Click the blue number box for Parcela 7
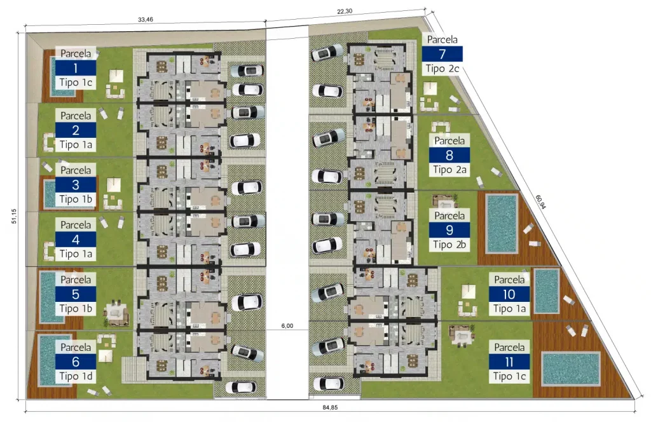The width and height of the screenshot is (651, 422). click(442, 54)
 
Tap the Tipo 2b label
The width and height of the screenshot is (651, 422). click(449, 245)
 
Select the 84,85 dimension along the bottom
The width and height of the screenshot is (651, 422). click(330, 407)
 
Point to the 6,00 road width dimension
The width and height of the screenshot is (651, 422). click(287, 326)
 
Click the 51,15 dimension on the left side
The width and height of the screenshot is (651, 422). click(14, 216)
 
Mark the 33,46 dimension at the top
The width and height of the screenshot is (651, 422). click(146, 20)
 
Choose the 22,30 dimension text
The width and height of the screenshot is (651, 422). click(345, 11)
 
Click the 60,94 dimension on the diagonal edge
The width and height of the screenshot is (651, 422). click(540, 202)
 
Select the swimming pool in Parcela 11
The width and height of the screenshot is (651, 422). click(571, 369)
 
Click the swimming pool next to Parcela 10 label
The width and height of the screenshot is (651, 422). click(546, 291)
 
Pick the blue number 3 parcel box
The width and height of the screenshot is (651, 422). click(76, 185)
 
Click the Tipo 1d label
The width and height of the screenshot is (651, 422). click(76, 376)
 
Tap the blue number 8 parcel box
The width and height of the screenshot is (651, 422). click(449, 155)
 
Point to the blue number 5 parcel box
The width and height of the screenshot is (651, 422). click(76, 294)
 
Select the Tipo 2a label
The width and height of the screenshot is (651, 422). click(449, 170)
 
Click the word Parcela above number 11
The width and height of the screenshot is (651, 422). click(509, 347)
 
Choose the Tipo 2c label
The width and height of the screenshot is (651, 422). click(442, 69)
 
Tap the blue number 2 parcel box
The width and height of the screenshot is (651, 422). click(76, 130)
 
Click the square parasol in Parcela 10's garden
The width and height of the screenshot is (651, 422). click(469, 291)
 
